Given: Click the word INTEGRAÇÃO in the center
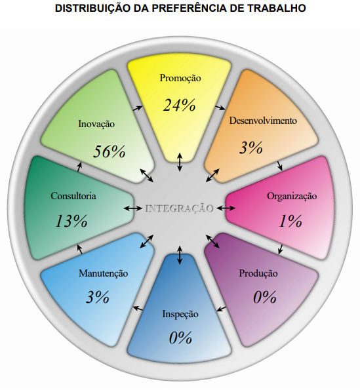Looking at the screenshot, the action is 180,208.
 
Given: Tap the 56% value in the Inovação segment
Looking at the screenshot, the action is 110,151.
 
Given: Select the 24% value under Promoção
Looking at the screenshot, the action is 179,105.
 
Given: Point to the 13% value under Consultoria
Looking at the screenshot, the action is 71,221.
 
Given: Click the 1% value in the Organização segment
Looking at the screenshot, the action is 290,221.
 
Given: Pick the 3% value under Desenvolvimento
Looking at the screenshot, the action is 251,147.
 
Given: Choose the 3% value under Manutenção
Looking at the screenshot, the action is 98,297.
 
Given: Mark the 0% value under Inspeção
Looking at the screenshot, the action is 180,338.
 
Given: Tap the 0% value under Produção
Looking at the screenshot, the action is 265,297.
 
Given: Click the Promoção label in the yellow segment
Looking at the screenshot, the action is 180,78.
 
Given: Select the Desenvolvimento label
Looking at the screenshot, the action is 263,121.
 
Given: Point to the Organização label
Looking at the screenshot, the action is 292,196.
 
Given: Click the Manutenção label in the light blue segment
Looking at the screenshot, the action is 103,273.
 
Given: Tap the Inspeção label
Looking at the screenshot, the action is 180,314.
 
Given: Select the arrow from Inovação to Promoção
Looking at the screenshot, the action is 138,108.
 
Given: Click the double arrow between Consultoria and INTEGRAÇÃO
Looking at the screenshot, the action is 132,208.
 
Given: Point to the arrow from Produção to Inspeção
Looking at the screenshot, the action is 221,309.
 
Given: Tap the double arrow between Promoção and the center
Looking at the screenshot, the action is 180,162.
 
